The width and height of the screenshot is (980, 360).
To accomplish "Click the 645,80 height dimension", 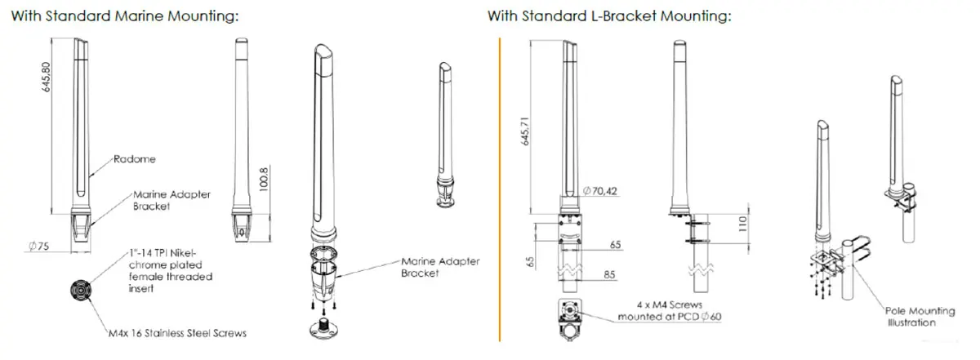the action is click(46, 77).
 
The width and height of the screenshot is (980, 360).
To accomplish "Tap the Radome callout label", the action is click(134, 159).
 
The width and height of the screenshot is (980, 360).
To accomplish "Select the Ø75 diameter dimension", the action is click(39, 247).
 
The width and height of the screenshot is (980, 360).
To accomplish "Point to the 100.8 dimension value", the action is click(263, 180).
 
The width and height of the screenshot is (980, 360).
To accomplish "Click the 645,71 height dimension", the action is click(525, 131).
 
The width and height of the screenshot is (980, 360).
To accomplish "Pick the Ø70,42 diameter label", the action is click(600, 191).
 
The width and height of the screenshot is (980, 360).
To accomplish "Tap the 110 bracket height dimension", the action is click(742, 224).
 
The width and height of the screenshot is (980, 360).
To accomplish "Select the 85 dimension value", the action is click(609, 275).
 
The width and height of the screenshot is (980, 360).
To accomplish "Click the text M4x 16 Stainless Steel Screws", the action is click(178, 333).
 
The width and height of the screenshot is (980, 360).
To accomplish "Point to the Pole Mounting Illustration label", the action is click(920, 317).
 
